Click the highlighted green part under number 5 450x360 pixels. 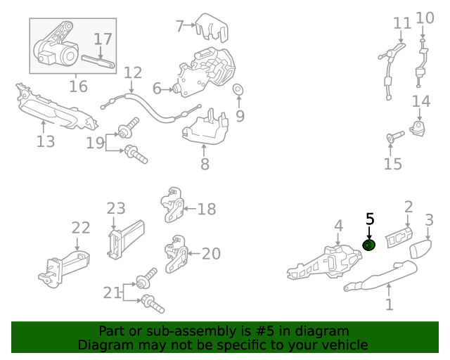click(369, 245)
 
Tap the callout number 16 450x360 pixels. click(78, 86)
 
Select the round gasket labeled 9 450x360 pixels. click(238, 89)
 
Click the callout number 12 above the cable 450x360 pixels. click(133, 73)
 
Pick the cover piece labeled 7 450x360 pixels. click(212, 28)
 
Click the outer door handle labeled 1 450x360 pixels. click(380, 275)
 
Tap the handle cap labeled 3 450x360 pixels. click(420, 249)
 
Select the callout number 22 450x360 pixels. click(81, 228)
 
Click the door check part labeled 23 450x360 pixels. click(126, 240)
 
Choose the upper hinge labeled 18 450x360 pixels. click(172, 205)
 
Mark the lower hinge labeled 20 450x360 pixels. click(176, 254)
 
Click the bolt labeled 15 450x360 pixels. click(395, 136)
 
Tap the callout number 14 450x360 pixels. click(421, 101)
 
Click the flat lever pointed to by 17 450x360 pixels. click(98, 62)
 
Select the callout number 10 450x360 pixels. click(425, 18)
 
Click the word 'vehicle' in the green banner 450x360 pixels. click(347, 345)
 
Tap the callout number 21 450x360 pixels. click(112, 292)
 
